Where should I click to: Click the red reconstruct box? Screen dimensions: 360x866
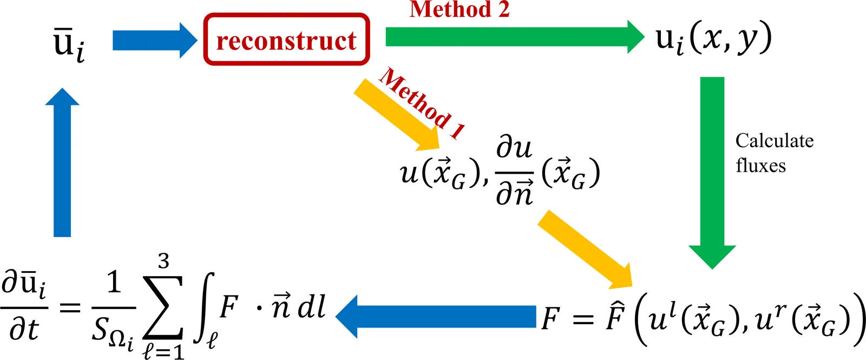(287, 40)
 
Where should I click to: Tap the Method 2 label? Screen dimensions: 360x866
(460, 9)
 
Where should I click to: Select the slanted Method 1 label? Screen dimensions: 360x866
(422, 102)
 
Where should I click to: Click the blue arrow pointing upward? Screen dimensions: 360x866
(63, 162)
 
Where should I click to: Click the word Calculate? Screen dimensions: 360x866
(774, 141)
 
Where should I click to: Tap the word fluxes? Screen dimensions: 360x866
(760, 165)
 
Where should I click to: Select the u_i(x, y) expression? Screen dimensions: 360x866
(713, 39)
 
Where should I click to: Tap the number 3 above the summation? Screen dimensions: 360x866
(163, 261)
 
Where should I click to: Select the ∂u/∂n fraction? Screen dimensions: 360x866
(514, 172)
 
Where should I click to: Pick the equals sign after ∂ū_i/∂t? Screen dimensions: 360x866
(69, 309)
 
